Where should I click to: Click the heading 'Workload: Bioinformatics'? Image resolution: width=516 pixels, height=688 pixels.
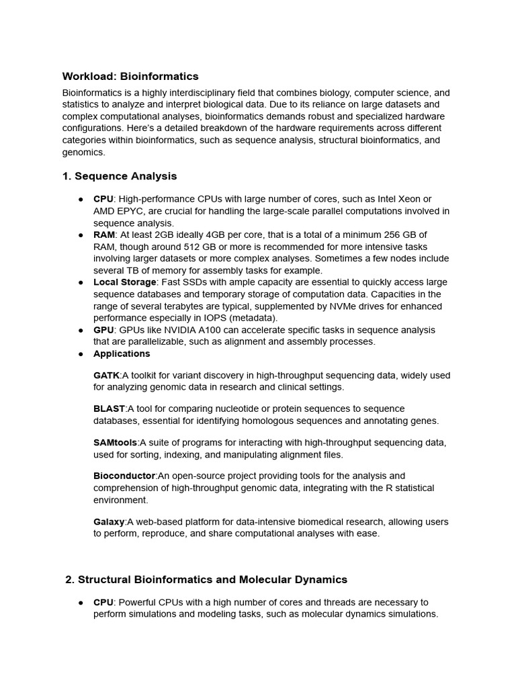point(130,77)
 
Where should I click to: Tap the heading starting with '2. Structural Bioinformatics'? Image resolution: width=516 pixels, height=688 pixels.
point(206,579)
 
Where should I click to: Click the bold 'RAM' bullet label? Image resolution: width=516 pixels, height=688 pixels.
point(104,234)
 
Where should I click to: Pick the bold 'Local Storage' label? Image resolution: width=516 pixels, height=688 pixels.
point(124,282)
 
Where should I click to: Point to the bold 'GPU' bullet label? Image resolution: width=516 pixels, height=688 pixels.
point(103,330)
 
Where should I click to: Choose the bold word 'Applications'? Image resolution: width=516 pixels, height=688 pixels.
point(122,354)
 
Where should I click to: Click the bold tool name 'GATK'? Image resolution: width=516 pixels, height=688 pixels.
point(106,376)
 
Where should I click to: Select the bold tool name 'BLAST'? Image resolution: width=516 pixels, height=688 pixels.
point(109,409)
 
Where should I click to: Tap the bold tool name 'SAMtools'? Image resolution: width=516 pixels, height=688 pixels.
point(115,443)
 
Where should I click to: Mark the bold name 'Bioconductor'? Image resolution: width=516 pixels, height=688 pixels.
point(124,476)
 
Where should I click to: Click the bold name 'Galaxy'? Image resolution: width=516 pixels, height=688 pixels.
point(109,522)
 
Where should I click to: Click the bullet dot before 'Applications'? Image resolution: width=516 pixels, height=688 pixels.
point(81,354)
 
